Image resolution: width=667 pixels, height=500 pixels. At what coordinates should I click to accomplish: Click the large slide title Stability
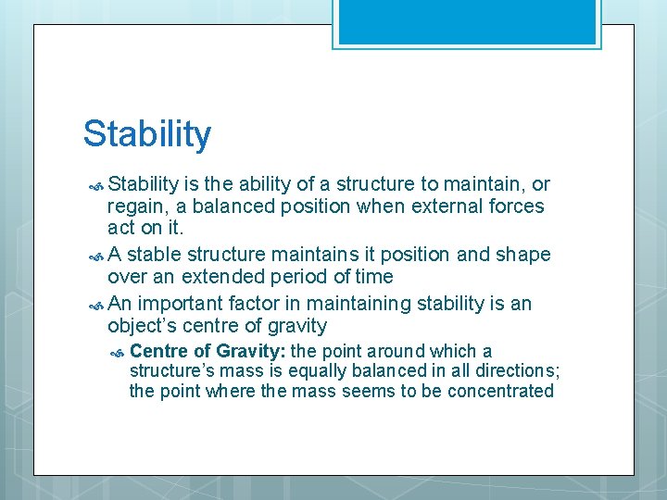point(147,134)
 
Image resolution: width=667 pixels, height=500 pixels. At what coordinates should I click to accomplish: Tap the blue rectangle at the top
point(467,21)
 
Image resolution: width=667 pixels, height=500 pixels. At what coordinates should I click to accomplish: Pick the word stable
point(154,255)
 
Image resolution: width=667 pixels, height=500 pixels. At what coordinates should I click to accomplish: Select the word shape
point(522,255)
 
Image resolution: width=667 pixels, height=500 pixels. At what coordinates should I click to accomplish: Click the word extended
point(233,277)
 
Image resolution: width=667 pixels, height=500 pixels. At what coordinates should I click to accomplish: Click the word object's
point(144,325)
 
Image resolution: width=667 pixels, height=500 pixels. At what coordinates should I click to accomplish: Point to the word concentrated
point(500,391)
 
